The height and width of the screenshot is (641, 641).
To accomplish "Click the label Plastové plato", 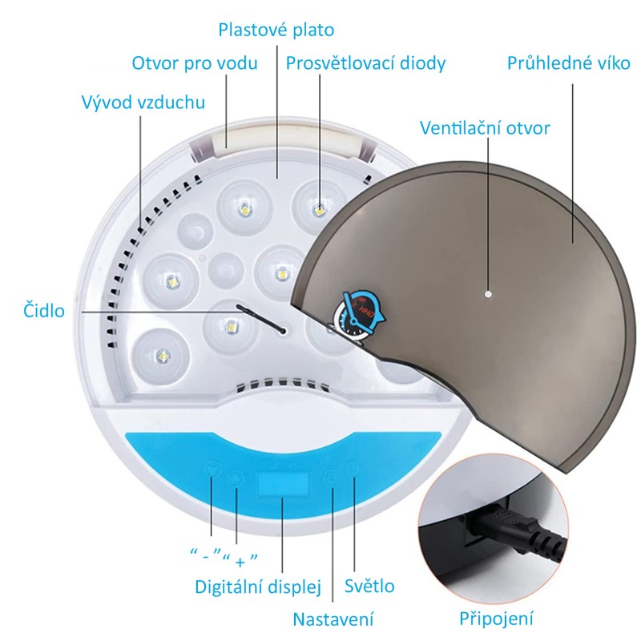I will (x=276, y=30).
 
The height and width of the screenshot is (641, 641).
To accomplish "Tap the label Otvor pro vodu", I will (x=195, y=62).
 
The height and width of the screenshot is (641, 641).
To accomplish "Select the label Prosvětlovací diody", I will (x=365, y=62).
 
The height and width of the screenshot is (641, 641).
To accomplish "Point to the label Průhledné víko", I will (x=569, y=62).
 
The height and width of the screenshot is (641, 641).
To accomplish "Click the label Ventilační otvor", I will (x=486, y=127).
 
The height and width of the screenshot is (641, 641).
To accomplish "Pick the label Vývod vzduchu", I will (x=143, y=103).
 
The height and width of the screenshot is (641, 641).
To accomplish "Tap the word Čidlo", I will (x=43, y=310).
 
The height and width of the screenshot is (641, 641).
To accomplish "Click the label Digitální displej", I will (x=258, y=587).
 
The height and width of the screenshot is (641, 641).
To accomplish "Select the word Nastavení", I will (x=333, y=619).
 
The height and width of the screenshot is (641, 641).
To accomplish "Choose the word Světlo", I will (x=369, y=586).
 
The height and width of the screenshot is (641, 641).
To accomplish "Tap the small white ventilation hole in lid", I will (x=486, y=293).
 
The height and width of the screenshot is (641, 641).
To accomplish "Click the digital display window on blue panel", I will (x=282, y=486).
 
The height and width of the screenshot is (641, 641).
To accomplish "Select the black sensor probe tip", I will (x=283, y=329).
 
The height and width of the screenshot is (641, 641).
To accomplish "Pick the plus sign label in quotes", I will (x=240, y=560).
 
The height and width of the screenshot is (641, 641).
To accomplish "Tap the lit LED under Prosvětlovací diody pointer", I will (x=319, y=210).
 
